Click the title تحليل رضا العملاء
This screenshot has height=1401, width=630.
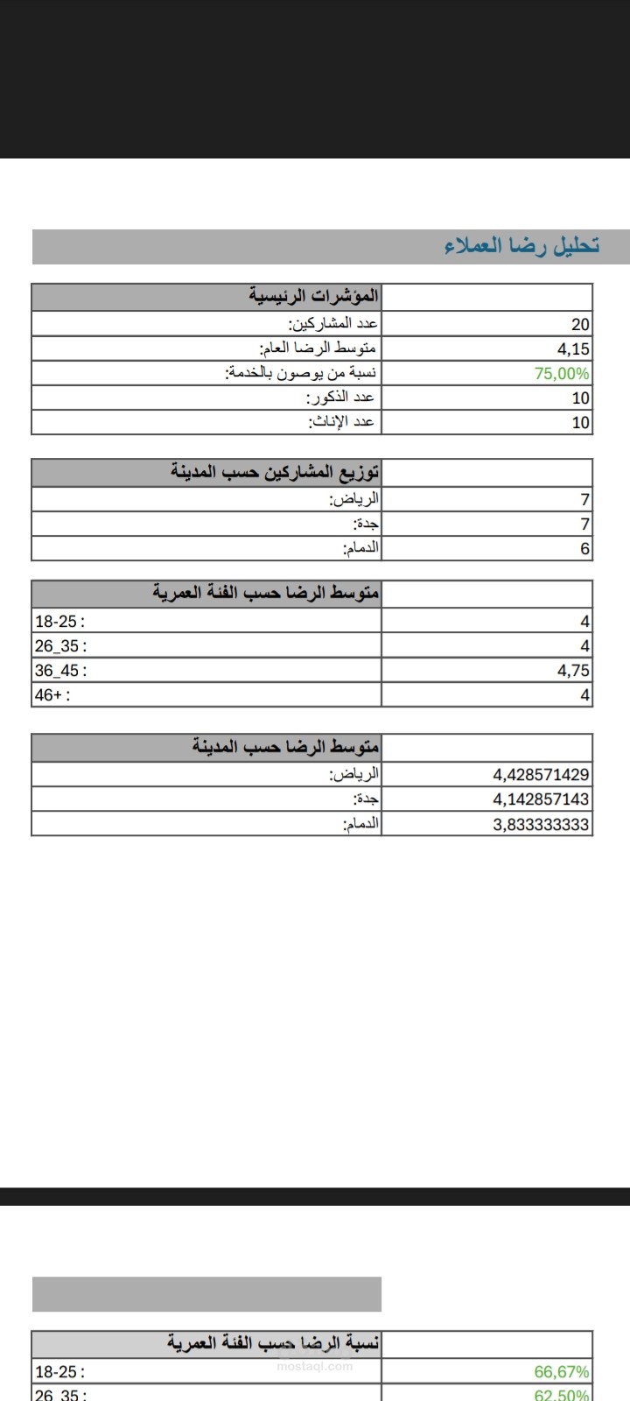522,246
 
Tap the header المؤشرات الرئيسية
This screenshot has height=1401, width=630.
313,296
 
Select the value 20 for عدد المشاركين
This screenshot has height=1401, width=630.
581,324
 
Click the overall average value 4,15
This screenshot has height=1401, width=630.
573,348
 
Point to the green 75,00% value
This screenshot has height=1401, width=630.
562,373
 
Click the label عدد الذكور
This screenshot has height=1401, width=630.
341,398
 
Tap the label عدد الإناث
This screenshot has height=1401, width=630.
341,422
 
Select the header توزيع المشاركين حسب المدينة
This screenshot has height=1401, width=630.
275,473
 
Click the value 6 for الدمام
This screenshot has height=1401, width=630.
585,549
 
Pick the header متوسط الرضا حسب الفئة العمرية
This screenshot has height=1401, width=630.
266,594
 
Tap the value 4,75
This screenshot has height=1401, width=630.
573,671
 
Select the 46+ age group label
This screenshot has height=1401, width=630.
52,695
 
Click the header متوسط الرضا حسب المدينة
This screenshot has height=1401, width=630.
285,748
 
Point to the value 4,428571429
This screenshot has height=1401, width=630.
541,775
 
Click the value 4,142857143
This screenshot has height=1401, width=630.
541,799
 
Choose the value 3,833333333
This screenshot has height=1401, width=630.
541,824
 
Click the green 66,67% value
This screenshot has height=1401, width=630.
562,1372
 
